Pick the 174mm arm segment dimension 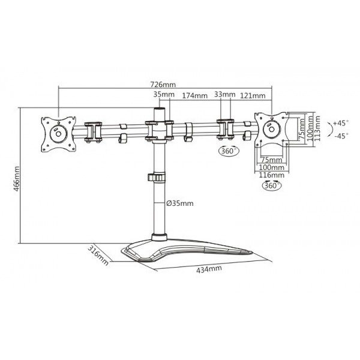pyautogui.click(x=195, y=95)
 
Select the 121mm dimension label pyautogui.click(x=254, y=95)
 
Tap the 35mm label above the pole pyautogui.click(x=163, y=95)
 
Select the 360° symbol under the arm pyautogui.click(x=227, y=151)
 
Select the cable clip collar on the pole pyautogui.click(x=157, y=178)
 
